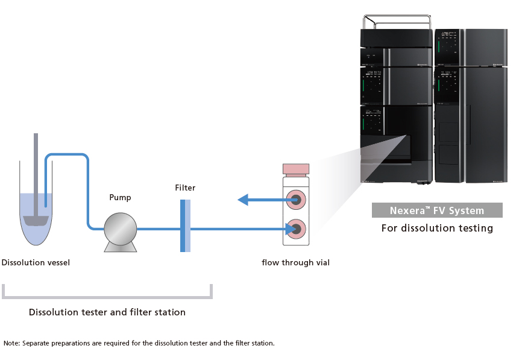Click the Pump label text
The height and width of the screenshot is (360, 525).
click(x=120, y=197)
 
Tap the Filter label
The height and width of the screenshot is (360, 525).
click(x=185, y=188)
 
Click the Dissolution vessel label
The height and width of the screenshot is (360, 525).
click(x=36, y=262)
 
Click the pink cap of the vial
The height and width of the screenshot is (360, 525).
click(x=295, y=169)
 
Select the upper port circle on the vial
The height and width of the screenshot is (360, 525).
click(x=295, y=199)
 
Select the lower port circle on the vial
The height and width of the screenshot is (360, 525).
click(x=295, y=229)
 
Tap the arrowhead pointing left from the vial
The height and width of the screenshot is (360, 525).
click(x=243, y=199)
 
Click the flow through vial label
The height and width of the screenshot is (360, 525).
click(x=295, y=262)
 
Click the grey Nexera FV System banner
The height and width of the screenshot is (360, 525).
click(x=436, y=210)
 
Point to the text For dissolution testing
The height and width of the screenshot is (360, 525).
click(x=437, y=228)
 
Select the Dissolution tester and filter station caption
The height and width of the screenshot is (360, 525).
click(x=107, y=312)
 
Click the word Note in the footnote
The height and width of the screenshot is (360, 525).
click(x=11, y=343)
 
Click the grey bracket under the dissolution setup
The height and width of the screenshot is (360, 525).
click(x=107, y=296)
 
